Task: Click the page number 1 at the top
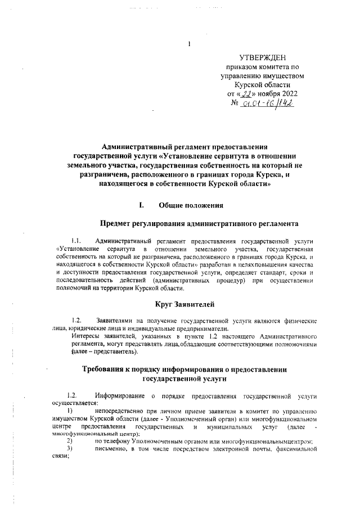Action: coord(190,44)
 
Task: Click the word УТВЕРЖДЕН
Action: coord(263,57)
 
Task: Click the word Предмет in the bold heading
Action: coord(117,224)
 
